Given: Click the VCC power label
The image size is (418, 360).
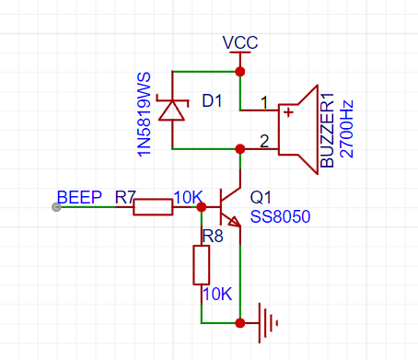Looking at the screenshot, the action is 240,42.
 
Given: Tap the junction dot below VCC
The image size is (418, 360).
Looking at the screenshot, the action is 240,72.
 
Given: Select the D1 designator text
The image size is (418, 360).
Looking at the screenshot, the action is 212,100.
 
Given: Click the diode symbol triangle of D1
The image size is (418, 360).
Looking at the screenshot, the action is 172,110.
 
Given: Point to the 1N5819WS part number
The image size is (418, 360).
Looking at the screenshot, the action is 144,114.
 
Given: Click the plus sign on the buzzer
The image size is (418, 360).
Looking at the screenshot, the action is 288,112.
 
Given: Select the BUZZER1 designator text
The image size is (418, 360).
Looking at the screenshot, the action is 327,130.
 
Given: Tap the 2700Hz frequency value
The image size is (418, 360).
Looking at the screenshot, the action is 347,129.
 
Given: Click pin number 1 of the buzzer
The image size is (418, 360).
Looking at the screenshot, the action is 264,102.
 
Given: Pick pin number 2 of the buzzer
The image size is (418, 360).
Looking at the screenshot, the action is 264,141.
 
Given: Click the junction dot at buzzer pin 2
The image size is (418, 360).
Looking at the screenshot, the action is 240,149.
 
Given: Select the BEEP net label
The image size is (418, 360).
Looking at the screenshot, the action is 79,197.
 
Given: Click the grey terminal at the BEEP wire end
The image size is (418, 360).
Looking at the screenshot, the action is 56,207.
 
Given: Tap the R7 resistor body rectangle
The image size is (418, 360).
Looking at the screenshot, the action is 153,207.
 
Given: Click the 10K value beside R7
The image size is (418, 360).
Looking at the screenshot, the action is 189,197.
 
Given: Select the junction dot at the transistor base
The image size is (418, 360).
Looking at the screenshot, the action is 202,207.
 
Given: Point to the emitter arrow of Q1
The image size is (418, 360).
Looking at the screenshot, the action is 235,222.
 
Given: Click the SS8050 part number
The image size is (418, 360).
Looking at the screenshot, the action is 280,216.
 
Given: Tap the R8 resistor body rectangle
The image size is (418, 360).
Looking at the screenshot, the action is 202,265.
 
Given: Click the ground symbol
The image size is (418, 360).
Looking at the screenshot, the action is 267,323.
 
